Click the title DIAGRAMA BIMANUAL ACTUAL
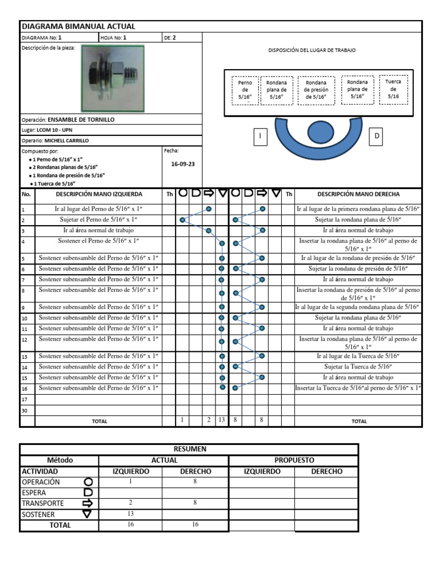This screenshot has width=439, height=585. tap(78, 26)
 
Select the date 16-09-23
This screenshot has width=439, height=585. tap(183, 164)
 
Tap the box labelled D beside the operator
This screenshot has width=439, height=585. tap(377, 136)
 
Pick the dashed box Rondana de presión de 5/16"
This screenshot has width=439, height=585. tap(315, 90)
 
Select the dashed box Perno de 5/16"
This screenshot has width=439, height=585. tap(245, 90)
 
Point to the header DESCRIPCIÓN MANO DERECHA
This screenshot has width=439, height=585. tap(358, 194)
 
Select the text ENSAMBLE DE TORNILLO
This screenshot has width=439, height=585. tap(81, 120)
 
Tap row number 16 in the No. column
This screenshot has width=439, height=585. tap(25, 388)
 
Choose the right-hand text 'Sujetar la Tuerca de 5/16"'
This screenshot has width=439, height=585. tap(358, 367)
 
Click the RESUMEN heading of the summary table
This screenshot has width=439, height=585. tap(189, 449)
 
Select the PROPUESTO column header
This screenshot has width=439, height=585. tap(294, 460)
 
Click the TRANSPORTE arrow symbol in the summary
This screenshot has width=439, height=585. tap(88, 503)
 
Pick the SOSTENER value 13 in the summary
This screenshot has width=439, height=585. tap(130, 514)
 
